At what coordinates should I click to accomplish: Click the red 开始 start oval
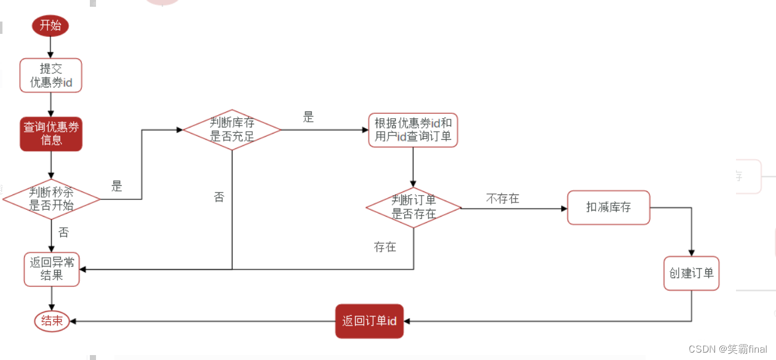pyautogui.click(x=50, y=26)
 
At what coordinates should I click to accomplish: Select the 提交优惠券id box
pyautogui.click(x=50, y=76)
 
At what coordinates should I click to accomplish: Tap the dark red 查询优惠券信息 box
pyautogui.click(x=51, y=134)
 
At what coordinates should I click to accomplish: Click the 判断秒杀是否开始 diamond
pyautogui.click(x=51, y=199)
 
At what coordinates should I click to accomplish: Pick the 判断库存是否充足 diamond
pyautogui.click(x=232, y=130)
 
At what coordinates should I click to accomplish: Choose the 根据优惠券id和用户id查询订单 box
pyautogui.click(x=413, y=130)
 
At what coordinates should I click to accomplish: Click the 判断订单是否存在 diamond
pyautogui.click(x=414, y=208)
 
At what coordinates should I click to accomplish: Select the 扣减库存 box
pyautogui.click(x=608, y=208)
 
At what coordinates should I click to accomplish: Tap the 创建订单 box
pyautogui.click(x=692, y=273)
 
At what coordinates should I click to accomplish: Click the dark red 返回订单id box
pyautogui.click(x=369, y=321)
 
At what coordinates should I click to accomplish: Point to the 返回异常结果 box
pyautogui.click(x=52, y=269)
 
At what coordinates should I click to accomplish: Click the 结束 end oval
pyautogui.click(x=52, y=321)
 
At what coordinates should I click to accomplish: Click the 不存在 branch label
pyautogui.click(x=502, y=199)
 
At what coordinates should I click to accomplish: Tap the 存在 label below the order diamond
pyautogui.click(x=385, y=247)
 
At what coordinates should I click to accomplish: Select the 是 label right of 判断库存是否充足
pyautogui.click(x=308, y=118)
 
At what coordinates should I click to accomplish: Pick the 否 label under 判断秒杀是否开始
pyautogui.click(x=63, y=233)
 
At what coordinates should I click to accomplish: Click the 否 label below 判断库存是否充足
pyautogui.click(x=219, y=198)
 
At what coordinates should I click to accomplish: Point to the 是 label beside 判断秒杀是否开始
pyautogui.click(x=117, y=186)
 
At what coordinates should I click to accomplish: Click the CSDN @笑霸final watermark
pyautogui.click(x=728, y=350)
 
